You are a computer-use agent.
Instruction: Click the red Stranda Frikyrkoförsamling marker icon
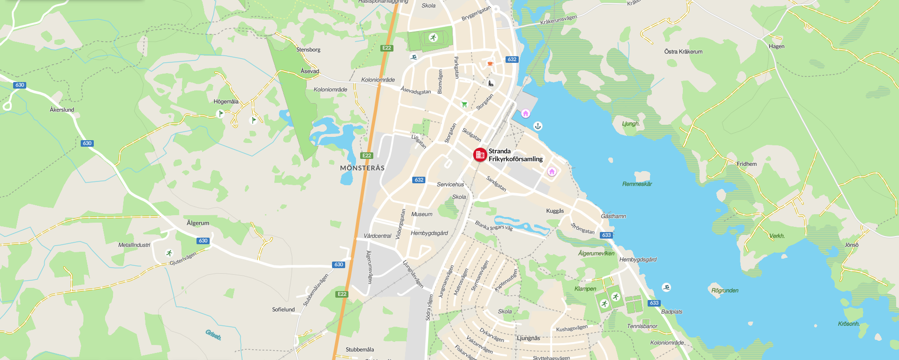point(480,155)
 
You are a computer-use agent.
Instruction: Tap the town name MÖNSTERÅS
point(362,168)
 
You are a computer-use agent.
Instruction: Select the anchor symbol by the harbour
point(538,126)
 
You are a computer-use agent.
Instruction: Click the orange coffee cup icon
point(490,63)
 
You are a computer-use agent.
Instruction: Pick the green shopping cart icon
point(464,104)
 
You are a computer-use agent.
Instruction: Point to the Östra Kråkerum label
point(683,52)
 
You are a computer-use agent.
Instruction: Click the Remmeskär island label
point(637,184)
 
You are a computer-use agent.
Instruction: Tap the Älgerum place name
point(198,223)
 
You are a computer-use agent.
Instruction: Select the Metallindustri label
point(134,245)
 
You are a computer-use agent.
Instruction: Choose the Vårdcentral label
point(377,236)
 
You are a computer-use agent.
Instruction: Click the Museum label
point(422,214)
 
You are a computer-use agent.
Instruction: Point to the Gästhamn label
point(613,216)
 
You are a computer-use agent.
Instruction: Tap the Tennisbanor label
point(642,326)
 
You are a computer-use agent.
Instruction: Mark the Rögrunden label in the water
point(725,291)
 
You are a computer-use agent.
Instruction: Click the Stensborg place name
point(308,50)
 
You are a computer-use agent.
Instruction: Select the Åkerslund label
point(62,110)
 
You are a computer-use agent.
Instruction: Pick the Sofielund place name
point(283,309)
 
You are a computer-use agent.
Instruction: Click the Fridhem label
point(747,164)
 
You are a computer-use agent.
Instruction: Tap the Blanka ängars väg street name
point(493,225)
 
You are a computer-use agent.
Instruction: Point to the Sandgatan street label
point(496,183)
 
